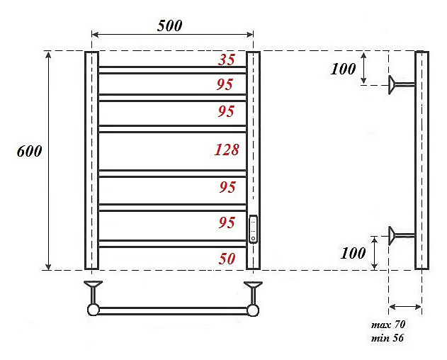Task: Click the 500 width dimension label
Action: click(169, 26)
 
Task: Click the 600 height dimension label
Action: click(30, 152)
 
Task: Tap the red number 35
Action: click(227, 60)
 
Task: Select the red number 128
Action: click(227, 150)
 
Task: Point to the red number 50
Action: click(227, 259)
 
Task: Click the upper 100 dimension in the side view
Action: click(343, 69)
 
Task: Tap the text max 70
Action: click(388, 325)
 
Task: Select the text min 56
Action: click(387, 337)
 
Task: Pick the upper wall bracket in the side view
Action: click(400, 85)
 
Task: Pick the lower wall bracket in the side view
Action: click(400, 235)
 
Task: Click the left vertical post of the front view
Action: click(91, 160)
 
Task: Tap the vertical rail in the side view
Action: click(421, 160)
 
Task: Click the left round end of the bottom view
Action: click(93, 310)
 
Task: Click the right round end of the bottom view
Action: click(253, 310)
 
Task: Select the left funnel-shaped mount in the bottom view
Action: click(93, 290)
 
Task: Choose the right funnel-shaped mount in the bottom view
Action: click(253, 290)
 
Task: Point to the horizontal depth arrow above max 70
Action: click(405, 306)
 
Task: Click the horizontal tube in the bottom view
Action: click(173, 310)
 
